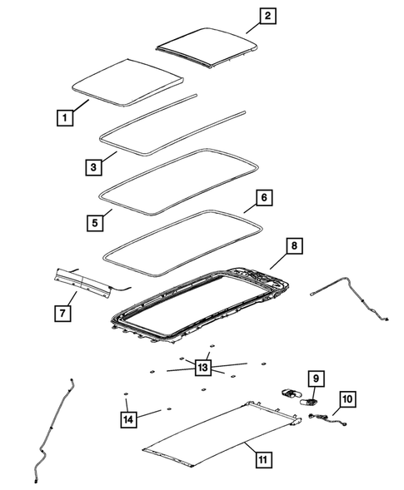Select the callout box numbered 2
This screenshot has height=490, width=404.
(244, 16)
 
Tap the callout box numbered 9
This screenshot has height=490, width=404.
(315, 379)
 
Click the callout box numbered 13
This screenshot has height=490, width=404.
(202, 367)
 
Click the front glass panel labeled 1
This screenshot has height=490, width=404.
(127, 80)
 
